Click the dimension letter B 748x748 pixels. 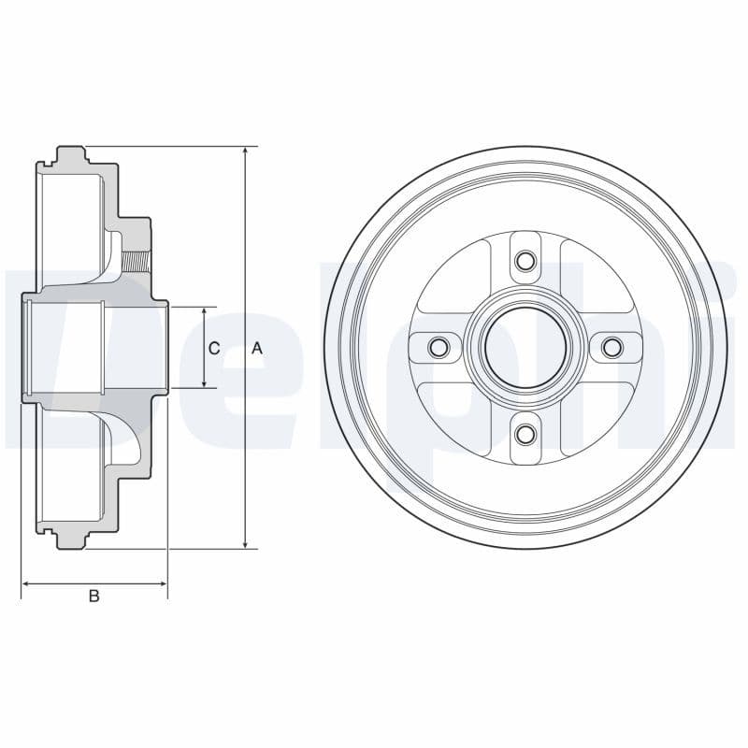tap(93, 596)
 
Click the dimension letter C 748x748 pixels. tap(214, 348)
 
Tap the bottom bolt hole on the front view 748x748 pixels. tap(525, 434)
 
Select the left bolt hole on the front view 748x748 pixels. tap(438, 348)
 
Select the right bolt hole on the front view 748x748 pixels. tap(611, 348)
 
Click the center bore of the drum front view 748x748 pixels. tap(525, 348)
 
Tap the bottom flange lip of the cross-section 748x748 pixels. tap(71, 541)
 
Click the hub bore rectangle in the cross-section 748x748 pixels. tap(65, 348)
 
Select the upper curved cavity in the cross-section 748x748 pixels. tap(119, 257)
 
